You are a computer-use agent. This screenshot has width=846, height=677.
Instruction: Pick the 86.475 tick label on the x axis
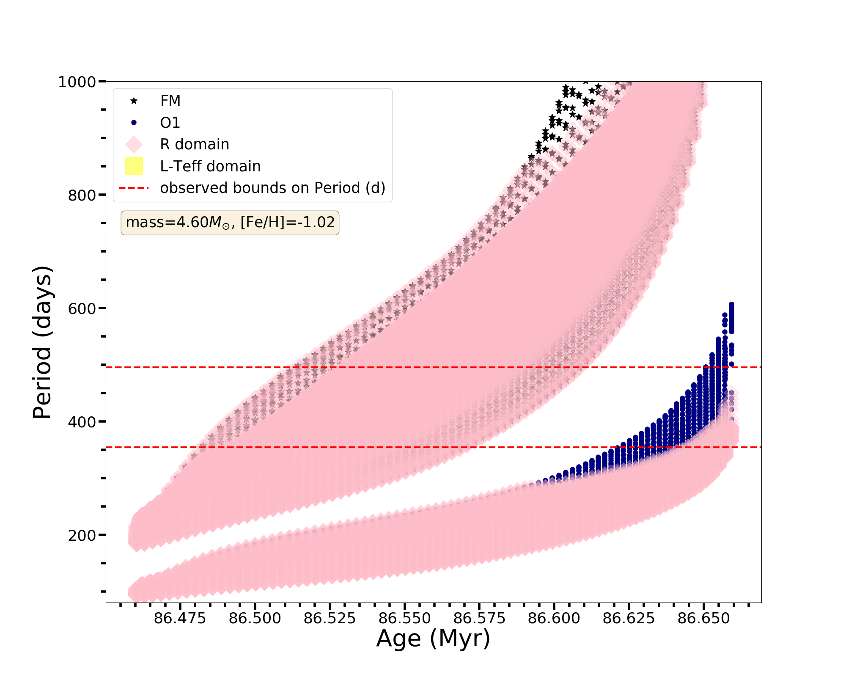(180, 619)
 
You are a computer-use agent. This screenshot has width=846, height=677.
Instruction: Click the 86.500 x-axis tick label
(255, 619)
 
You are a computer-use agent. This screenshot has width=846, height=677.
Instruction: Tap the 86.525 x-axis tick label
(330, 619)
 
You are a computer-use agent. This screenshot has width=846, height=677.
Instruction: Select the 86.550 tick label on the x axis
(404, 619)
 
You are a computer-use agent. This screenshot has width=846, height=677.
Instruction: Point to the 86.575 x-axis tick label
(479, 619)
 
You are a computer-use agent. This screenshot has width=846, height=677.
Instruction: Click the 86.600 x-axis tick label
(554, 619)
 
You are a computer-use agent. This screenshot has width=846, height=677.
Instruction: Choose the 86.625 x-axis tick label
(629, 619)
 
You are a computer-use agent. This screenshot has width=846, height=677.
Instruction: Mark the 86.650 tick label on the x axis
(704, 619)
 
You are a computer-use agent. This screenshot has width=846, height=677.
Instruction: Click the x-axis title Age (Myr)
(433, 638)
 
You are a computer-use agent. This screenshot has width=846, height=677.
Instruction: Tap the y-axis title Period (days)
(42, 342)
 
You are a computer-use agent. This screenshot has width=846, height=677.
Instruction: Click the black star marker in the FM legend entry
(134, 101)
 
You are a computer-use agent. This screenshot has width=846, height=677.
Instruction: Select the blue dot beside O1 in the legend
(134, 123)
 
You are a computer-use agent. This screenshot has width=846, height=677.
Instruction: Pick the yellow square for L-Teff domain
(134, 166)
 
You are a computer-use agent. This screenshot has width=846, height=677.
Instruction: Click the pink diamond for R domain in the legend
(134, 144)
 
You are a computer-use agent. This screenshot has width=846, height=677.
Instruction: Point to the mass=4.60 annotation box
(230, 223)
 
